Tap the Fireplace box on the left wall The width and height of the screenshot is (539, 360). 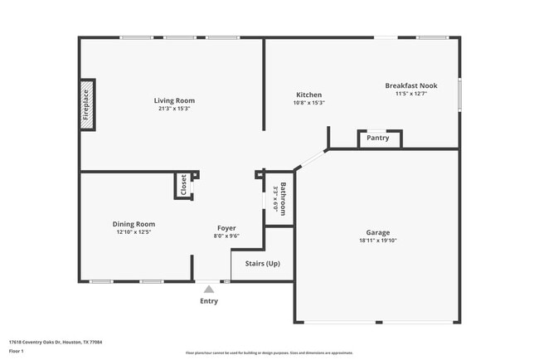point(86,105)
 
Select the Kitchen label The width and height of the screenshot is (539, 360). point(308,95)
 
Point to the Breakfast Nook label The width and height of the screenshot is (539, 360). point(410,85)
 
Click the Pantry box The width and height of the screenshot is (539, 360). point(378,139)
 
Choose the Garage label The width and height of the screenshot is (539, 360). point(378,232)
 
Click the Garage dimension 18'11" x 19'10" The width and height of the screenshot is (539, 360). point(378,241)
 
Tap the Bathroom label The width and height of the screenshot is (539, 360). point(283,199)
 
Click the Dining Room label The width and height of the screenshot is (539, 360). point(134,224)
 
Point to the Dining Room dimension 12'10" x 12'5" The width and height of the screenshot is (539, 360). point(134,232)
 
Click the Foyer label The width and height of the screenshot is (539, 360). point(226,228)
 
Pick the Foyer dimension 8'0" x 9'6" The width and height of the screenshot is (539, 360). point(226,237)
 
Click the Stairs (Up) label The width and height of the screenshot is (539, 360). point(262,264)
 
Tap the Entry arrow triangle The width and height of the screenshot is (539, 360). point(209,289)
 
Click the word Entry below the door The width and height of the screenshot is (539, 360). point(209,301)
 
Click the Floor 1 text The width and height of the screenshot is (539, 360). point(16,351)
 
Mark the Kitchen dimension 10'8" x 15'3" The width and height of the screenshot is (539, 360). point(308,103)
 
